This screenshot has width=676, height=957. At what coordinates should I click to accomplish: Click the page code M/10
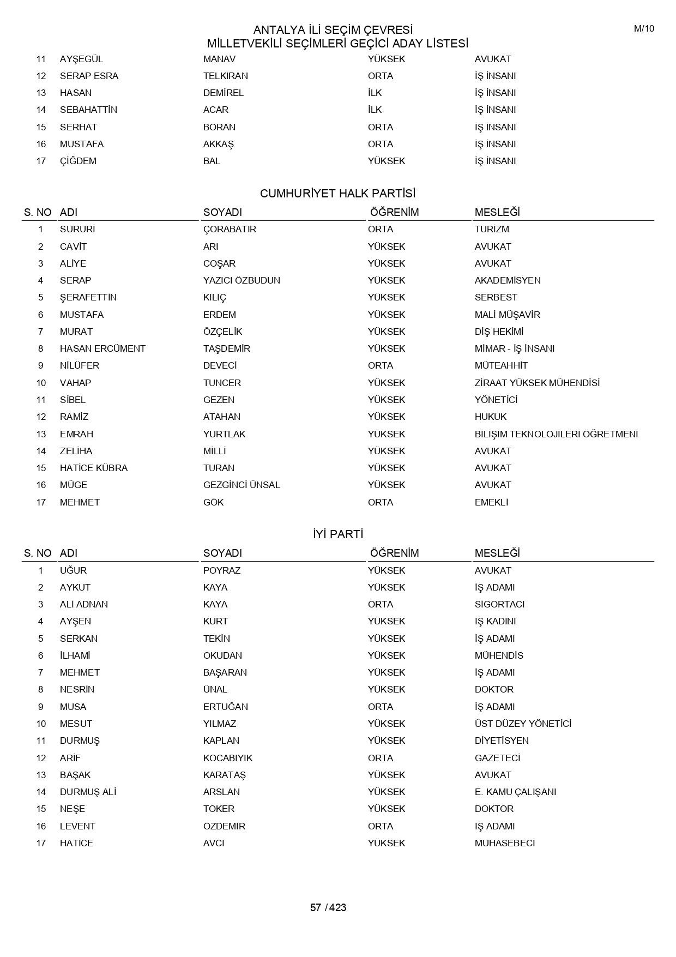click(644, 29)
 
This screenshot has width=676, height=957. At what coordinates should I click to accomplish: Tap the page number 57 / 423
click(328, 907)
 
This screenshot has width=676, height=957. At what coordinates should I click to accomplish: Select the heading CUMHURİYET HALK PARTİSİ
click(337, 194)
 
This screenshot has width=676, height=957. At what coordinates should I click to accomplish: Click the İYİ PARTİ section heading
click(337, 534)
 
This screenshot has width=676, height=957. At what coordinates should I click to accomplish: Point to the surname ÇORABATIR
click(230, 229)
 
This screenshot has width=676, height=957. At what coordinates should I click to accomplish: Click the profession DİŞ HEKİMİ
click(499, 332)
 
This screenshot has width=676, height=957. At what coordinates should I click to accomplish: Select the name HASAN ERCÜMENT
click(102, 348)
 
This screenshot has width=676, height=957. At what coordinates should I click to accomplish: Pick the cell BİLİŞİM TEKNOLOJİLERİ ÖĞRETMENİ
click(556, 434)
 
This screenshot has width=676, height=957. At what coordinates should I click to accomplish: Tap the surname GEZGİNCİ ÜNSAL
click(242, 485)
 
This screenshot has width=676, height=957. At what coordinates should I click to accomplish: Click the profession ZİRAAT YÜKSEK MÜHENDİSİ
click(537, 383)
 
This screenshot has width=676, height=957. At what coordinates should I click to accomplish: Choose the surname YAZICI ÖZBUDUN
click(242, 280)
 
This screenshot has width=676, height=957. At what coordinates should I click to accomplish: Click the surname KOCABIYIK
click(228, 758)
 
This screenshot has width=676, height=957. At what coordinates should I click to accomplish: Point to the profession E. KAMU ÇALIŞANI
click(515, 792)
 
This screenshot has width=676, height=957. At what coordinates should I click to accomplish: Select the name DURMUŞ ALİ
click(88, 792)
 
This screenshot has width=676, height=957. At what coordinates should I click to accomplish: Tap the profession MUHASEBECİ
click(505, 843)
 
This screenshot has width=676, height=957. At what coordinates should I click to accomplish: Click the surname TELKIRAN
click(226, 76)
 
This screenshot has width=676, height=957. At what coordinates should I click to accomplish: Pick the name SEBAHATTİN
click(88, 110)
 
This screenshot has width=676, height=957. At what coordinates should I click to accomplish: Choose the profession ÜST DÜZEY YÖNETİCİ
click(523, 724)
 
